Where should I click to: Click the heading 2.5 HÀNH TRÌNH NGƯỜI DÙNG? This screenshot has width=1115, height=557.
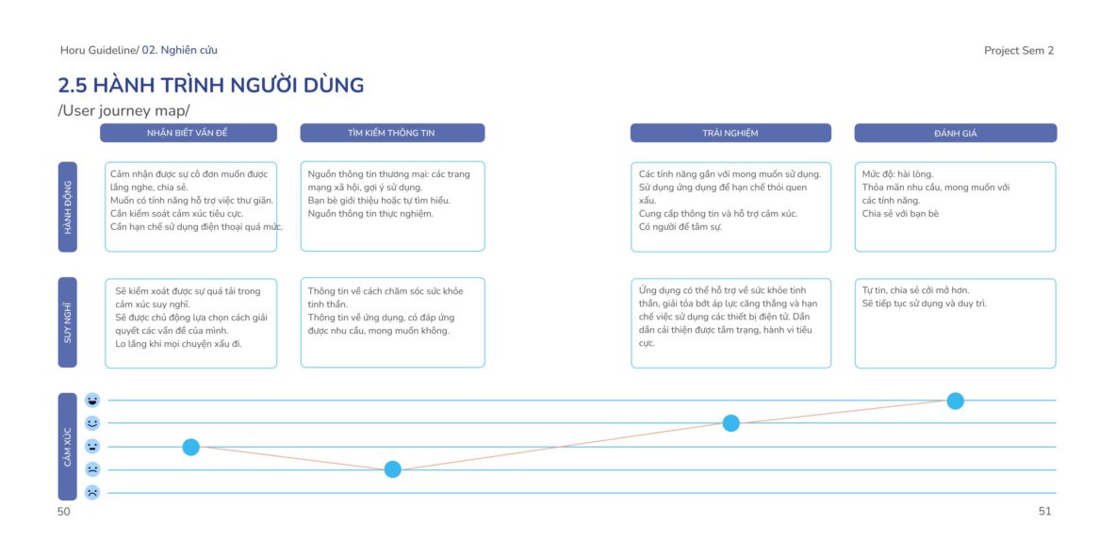tap(210, 86)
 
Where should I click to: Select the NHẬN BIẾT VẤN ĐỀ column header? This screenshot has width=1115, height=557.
tap(188, 133)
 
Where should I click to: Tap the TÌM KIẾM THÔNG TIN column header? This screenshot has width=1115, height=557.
tap(392, 133)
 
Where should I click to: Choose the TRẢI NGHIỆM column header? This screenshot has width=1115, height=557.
tap(730, 133)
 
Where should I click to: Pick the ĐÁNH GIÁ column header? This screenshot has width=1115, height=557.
tap(955, 133)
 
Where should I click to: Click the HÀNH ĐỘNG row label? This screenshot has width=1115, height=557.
tap(68, 207)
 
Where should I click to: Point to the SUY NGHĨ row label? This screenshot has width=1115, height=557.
tap(68, 322)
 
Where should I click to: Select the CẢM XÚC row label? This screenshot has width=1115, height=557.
tap(68, 447)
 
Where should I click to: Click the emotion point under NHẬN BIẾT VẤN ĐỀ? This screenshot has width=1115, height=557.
tap(190, 447)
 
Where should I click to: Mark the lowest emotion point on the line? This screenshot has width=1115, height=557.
tap(392, 469)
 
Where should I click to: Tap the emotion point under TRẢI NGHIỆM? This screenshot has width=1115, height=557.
tap(731, 423)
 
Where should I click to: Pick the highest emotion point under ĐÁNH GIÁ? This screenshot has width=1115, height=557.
tap(955, 401)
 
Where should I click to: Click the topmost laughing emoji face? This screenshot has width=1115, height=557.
tap(92, 400)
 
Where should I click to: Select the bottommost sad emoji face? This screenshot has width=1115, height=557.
tap(92, 492)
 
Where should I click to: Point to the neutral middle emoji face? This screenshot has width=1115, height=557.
tap(92, 446)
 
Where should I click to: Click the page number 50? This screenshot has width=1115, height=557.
tap(64, 512)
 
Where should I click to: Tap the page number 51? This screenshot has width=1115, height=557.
tap(1044, 512)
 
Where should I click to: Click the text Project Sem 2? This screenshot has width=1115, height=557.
tap(1019, 51)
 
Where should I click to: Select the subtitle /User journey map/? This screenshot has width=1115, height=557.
tap(123, 111)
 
